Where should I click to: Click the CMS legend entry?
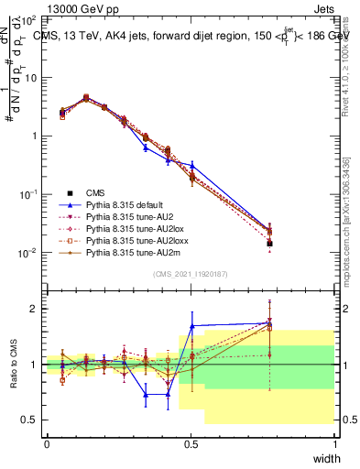[x=95, y=192]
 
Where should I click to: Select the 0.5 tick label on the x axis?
[x=190, y=444]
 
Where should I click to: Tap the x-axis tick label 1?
[x=334, y=444]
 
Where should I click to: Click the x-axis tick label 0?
[x=48, y=444]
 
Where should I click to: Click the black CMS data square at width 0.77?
[x=269, y=244]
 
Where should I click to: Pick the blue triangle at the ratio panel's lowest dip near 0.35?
[x=146, y=395]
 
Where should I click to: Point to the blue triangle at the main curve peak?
[x=86, y=96]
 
